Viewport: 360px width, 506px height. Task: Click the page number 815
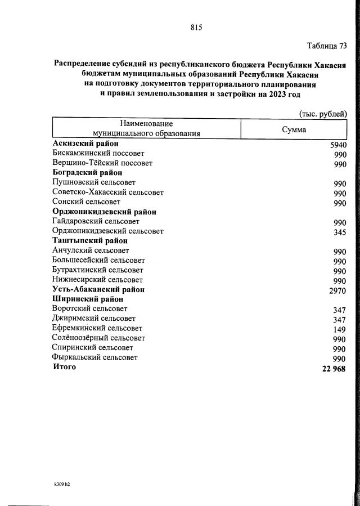click(x=196, y=27)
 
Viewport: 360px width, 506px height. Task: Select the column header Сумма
click(x=294, y=129)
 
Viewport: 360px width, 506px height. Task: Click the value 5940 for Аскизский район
click(x=338, y=145)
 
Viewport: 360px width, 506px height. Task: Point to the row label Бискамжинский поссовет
click(x=98, y=153)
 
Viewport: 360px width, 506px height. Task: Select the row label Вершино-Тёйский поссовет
click(x=102, y=163)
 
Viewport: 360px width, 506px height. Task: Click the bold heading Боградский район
click(x=87, y=173)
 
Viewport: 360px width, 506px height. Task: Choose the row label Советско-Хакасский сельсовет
click(x=107, y=192)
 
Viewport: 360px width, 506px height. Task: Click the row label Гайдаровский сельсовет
click(x=96, y=221)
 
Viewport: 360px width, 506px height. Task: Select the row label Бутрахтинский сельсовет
click(x=97, y=270)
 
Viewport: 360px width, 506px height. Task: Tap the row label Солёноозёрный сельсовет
click(x=98, y=338)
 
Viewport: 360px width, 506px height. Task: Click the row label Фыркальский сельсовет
click(x=94, y=357)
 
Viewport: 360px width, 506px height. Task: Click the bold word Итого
click(x=64, y=367)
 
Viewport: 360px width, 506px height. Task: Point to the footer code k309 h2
click(x=58, y=483)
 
